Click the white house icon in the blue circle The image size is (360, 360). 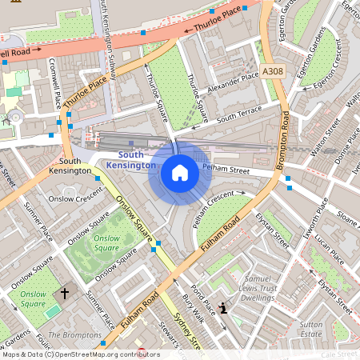point(180,172)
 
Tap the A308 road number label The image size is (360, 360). point(272,72)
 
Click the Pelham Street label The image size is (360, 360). point(226,170)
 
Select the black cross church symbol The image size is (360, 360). point(65,294)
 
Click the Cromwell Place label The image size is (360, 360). point(56,82)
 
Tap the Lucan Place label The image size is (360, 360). point(328,249)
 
